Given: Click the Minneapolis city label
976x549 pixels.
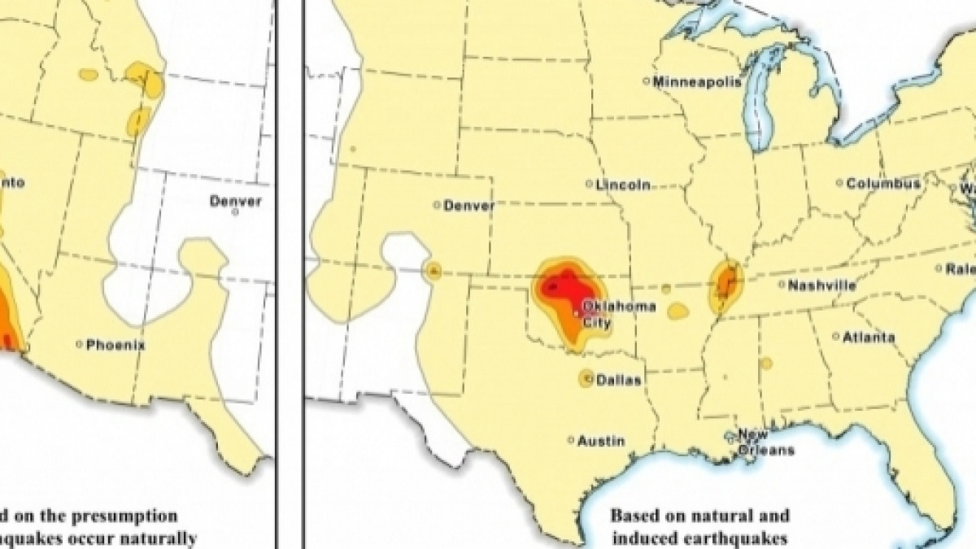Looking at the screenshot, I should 697,81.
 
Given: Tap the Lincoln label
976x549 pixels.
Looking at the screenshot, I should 623,185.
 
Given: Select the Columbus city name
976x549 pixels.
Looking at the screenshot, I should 883,184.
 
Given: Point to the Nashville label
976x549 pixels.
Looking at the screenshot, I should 822,285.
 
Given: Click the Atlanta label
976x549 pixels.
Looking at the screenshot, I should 869,337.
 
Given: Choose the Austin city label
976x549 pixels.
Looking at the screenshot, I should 601,441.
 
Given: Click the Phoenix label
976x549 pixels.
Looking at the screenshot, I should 115,345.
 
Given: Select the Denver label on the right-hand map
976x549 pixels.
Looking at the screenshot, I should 468,206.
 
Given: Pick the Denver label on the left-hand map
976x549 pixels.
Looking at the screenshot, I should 235,200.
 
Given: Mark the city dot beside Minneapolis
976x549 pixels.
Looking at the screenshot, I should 646,81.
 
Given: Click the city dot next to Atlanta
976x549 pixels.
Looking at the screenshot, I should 836,336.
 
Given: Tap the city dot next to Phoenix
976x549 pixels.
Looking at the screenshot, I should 80,345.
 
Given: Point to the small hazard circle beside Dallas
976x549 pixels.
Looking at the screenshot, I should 586,378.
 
